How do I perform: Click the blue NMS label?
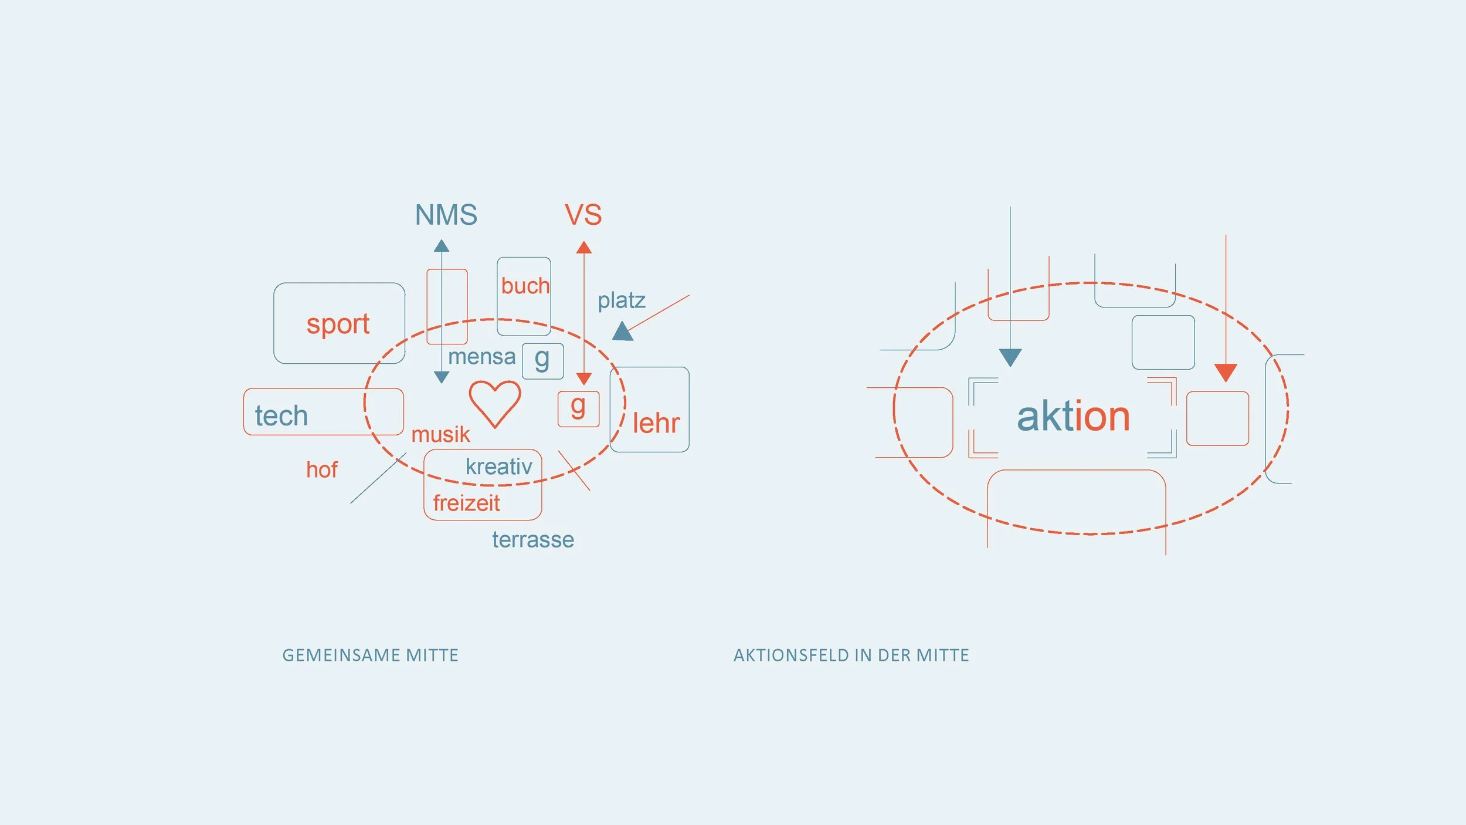point(446,215)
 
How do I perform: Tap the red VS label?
point(583,215)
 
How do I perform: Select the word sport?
point(338,324)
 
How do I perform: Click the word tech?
point(281,416)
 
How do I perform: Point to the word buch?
point(525,286)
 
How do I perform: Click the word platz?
point(621,301)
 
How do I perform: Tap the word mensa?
point(481,357)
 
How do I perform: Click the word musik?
point(440,435)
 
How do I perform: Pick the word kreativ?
point(498,467)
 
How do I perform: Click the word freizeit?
point(466,503)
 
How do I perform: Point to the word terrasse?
point(532,540)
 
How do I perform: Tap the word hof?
point(321,470)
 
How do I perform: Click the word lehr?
point(656,423)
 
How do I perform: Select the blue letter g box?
point(542,361)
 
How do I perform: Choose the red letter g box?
point(578,408)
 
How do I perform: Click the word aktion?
point(1073,417)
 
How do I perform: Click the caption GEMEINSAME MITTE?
point(370,655)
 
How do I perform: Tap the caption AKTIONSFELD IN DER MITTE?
point(851,655)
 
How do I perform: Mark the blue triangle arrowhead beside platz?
point(622,332)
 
